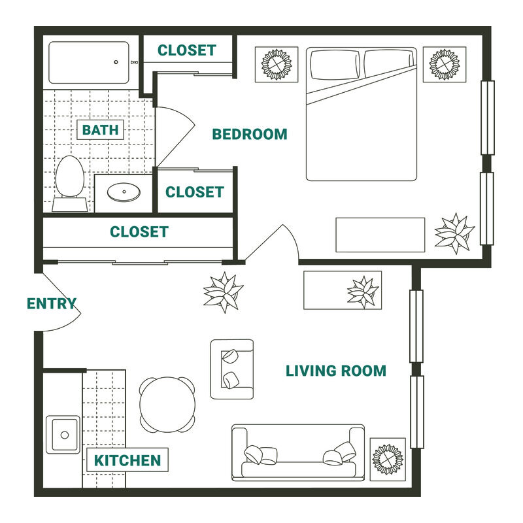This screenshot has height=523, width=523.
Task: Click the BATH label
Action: coord(101,129)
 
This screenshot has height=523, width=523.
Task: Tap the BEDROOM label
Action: coord(250,135)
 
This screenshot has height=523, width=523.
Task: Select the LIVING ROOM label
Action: coord(336,371)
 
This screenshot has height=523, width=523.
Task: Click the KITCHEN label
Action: coord(127,461)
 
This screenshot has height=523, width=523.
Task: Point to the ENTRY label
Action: coord(52,304)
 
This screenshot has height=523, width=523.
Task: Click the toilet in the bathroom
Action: coord(70,184)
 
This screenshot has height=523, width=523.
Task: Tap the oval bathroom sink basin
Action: coord(124,192)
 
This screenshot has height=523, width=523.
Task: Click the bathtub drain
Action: coord(116,62)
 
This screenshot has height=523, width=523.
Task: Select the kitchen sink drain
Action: coord(65,435)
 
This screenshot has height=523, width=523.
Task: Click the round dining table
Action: coord(167,405)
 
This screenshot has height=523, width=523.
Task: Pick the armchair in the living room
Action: coord(232,369)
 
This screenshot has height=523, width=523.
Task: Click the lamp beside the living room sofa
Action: coord(388,459)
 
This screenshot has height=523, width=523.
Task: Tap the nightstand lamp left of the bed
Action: coord(277,64)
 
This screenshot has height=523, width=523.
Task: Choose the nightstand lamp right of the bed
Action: coord(445,64)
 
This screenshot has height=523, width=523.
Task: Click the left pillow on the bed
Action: coord(335,65)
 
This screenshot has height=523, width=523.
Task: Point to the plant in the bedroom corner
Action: coord(454,233)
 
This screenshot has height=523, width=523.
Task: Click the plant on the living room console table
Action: coord(363,292)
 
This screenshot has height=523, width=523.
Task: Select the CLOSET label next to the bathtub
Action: coord(187,50)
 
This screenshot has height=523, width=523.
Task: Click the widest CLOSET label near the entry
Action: coord(139,232)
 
